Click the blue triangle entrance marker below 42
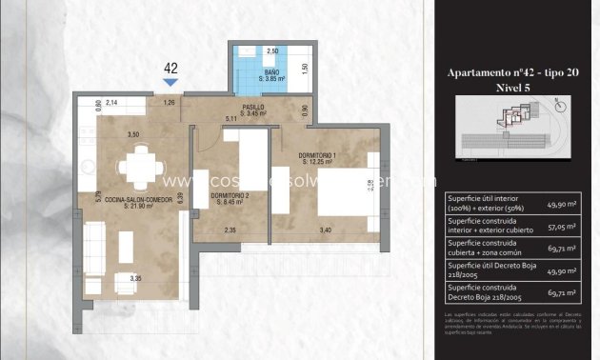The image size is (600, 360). (x=171, y=83)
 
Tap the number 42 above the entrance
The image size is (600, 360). (x=171, y=68)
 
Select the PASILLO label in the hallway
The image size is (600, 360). (x=253, y=110)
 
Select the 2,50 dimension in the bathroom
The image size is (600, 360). (x=271, y=50)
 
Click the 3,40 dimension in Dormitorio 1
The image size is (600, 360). (x=326, y=230)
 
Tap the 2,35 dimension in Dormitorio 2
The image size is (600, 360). (x=230, y=230)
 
